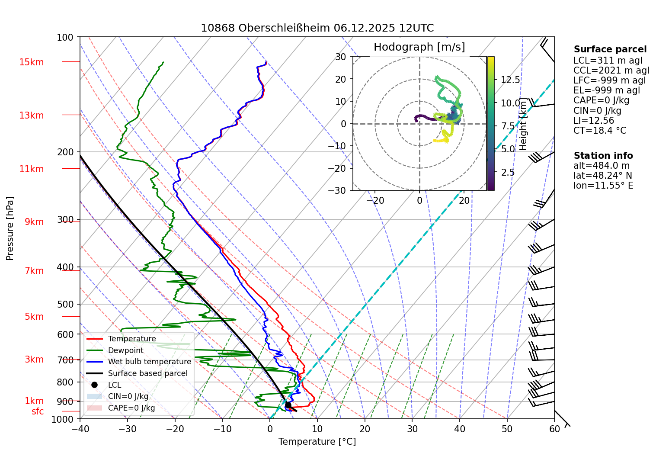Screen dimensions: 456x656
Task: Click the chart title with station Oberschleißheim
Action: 317,28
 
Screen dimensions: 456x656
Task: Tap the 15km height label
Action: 31,62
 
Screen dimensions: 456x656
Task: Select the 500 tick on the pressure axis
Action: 65,304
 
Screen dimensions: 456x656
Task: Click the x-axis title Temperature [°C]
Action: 317,441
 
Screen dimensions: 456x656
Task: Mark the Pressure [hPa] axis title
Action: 10,228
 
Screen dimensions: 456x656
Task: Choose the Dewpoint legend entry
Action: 125,350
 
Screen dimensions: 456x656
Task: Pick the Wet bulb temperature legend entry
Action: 149,362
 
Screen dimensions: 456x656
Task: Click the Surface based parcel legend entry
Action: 147,373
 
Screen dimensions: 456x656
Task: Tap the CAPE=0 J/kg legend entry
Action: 131,408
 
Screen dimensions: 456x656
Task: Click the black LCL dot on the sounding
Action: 288,405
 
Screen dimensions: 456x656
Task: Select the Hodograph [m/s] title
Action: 419,47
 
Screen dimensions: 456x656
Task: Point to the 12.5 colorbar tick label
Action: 510,80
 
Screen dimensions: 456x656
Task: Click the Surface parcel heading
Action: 610,49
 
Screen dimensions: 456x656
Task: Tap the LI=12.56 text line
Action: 594,121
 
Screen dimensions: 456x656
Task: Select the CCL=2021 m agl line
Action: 611,71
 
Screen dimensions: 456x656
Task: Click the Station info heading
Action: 603,156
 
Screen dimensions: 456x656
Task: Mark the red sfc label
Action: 38,411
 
